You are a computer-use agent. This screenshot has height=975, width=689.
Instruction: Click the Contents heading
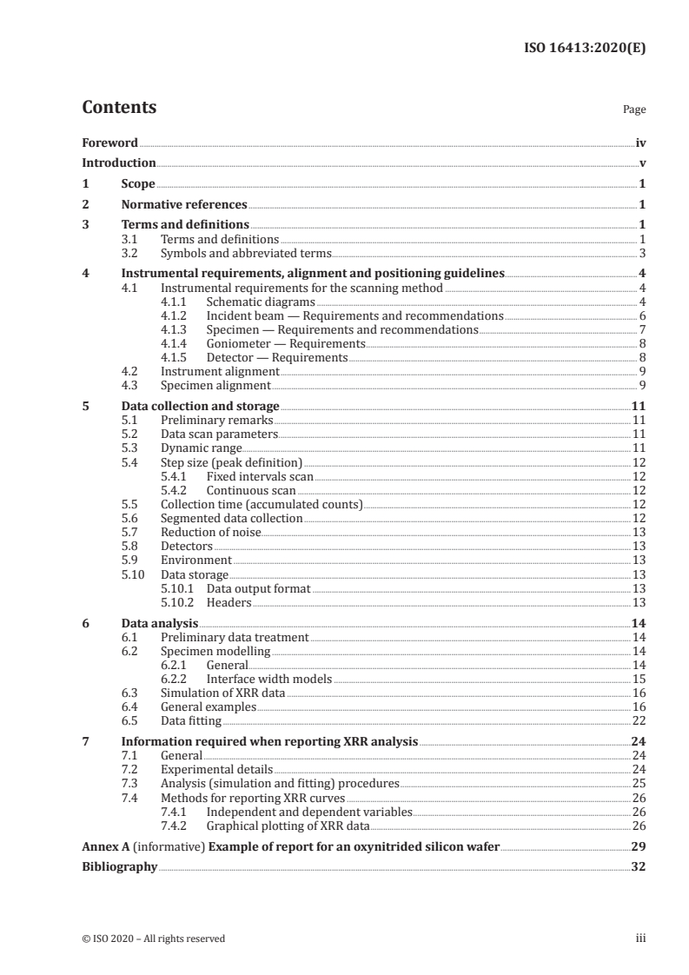119,108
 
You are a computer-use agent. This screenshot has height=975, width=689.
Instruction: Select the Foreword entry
109,143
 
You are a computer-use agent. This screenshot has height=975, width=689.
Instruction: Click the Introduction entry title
119,162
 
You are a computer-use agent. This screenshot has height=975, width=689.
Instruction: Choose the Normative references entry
184,205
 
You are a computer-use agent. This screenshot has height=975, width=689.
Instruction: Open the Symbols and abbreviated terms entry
246,254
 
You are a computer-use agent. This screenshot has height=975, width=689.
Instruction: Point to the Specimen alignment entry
215,385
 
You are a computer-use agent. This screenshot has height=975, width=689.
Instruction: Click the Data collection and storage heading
200,406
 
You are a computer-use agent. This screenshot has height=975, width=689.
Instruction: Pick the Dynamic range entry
202,448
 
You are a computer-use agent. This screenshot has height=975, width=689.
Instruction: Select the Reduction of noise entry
211,532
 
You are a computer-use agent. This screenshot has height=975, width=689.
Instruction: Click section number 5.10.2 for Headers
180,602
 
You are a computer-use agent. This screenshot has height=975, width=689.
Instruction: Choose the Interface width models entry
269,679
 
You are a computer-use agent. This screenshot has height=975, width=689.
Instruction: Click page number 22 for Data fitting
638,720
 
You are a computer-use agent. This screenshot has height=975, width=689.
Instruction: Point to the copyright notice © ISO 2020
154,939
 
